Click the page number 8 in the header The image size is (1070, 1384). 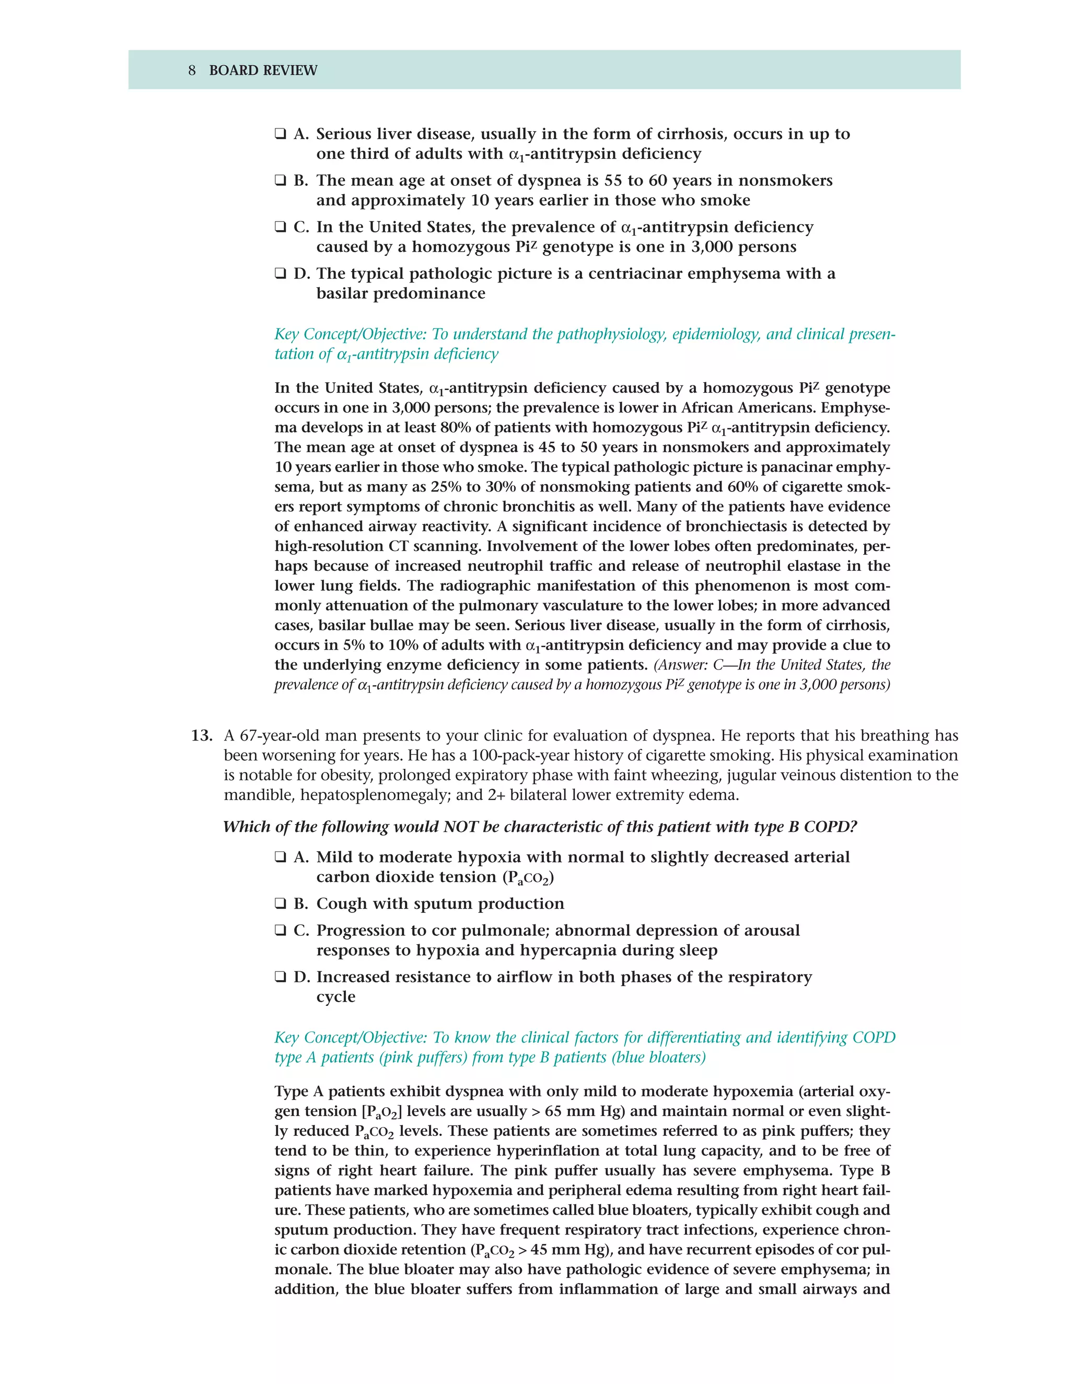point(191,71)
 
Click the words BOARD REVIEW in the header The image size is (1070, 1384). point(263,71)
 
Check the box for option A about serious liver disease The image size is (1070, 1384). point(280,134)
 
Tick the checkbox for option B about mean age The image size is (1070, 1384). point(280,181)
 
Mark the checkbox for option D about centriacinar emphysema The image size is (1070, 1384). point(280,274)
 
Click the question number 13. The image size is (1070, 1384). point(202,736)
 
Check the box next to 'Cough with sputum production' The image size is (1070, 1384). point(280,904)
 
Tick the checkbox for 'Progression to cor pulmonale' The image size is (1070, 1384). point(280,930)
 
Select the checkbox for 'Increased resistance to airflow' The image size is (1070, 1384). point(280,977)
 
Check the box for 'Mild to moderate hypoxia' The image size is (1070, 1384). point(280,858)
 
